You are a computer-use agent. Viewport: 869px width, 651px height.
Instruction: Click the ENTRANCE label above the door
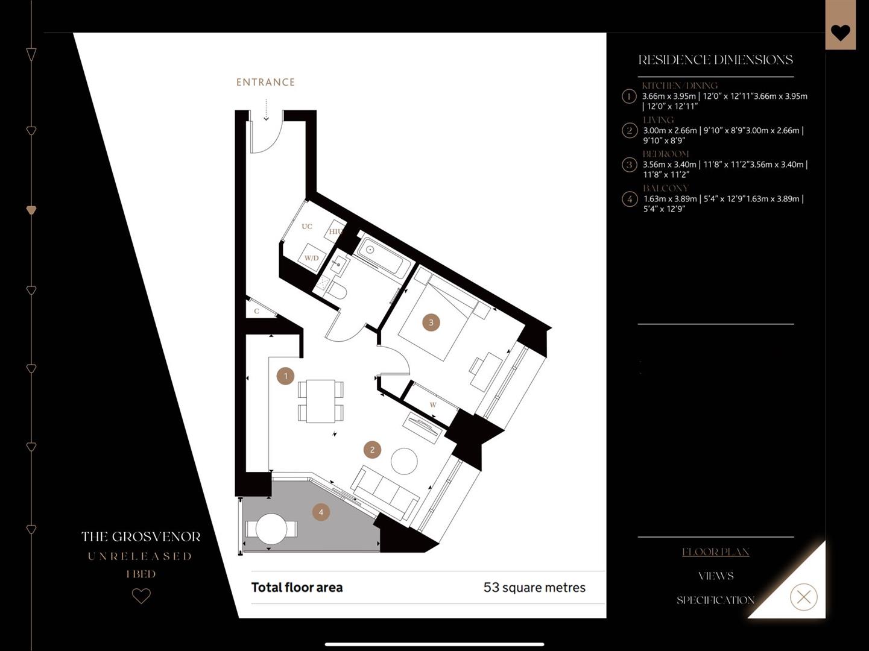[x=265, y=82]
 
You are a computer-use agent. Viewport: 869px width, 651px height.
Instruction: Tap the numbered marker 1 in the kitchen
[x=285, y=376]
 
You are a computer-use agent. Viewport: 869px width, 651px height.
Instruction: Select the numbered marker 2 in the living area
[x=372, y=450]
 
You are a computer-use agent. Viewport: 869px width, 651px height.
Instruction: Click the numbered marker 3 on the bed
[x=431, y=322]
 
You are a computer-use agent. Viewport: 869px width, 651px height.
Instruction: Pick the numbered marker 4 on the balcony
[x=321, y=512]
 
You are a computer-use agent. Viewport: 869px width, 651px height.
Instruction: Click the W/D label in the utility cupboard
[x=311, y=258]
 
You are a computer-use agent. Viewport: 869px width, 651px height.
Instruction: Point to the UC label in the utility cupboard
[x=307, y=227]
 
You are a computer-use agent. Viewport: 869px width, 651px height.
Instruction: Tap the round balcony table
[x=271, y=529]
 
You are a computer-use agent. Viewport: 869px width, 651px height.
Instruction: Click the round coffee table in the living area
[x=404, y=462]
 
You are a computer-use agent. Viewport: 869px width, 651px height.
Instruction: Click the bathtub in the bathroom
[x=382, y=257]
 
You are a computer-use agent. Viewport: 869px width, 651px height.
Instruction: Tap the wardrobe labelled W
[x=432, y=404]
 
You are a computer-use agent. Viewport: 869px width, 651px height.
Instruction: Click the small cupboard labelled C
[x=256, y=311]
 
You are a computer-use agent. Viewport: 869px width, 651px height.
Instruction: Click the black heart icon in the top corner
[x=840, y=33]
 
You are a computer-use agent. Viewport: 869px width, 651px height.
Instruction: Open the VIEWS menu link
[x=715, y=576]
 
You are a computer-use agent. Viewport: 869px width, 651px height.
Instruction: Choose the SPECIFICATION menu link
[x=715, y=600]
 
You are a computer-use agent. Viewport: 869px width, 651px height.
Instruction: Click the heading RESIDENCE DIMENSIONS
[x=715, y=60]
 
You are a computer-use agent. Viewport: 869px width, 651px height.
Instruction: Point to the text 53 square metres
[x=534, y=588]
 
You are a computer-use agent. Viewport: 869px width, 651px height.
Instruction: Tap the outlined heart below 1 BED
[x=141, y=596]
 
